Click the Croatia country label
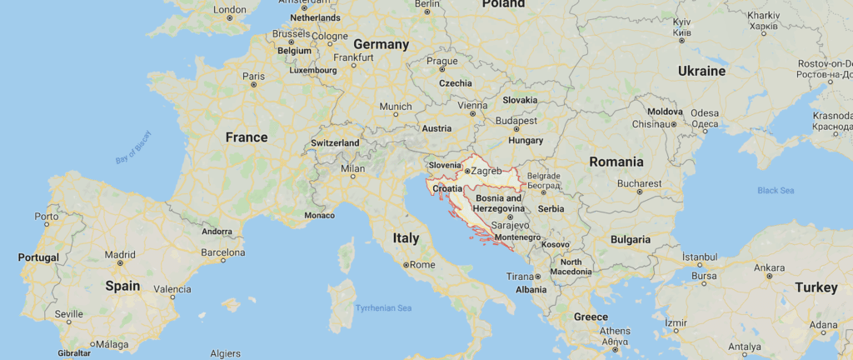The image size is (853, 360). tap(447, 188)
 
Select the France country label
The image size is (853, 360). tap(247, 137)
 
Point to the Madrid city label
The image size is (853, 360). tap(120, 254)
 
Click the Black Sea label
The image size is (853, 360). tap(775, 191)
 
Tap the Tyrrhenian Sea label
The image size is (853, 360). tap(383, 308)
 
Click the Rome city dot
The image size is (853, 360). tap(406, 265)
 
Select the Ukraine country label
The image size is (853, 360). tap(701, 71)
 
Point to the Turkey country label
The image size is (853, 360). tap(816, 287)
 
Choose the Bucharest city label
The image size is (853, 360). tap(640, 182)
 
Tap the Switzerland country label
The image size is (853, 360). tap(335, 143)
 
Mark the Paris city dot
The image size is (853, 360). tap(253, 85)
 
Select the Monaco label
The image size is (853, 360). tap(319, 215)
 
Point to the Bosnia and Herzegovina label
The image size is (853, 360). tap(499, 203)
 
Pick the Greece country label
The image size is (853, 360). tap(591, 317)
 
